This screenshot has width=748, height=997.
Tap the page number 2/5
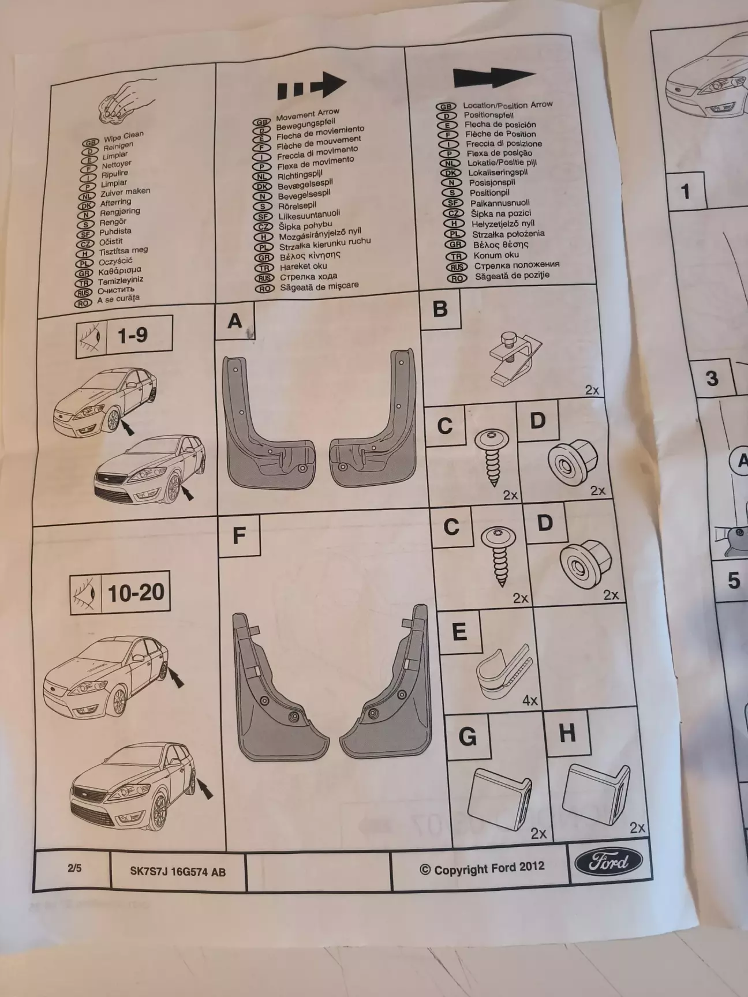coord(74,867)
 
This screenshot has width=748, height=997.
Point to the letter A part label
coord(235,321)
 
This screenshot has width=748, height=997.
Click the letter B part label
coord(440,309)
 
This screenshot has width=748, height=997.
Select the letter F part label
coord(239,536)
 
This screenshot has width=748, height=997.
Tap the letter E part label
coord(459,632)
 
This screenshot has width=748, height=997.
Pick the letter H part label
coord(567,733)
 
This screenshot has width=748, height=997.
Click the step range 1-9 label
coord(133,335)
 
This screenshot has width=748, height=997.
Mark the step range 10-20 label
coord(136,593)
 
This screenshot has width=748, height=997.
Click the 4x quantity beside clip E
coord(530,700)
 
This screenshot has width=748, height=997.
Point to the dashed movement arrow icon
coord(312,86)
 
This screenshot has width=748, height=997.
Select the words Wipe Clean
coord(124,137)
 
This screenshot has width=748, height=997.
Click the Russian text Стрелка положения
coord(517,265)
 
